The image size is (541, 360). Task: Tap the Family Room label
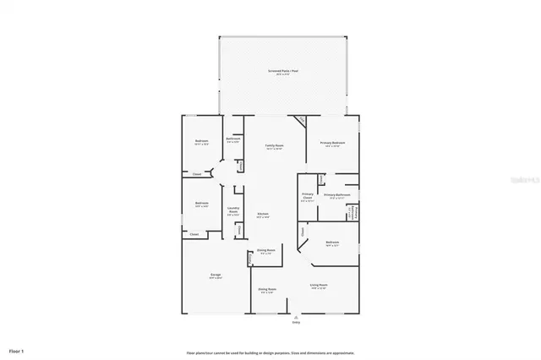[273, 145]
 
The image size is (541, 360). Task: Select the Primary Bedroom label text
[332, 143]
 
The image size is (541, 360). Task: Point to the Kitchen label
[263, 214]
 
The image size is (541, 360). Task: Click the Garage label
[216, 275]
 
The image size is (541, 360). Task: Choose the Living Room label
[319, 286]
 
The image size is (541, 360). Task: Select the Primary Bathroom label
[337, 195]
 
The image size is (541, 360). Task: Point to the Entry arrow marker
[296, 316]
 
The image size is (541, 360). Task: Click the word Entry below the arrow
[296, 322]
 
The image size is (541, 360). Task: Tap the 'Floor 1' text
[17, 350]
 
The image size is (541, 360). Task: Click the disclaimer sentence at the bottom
[270, 352]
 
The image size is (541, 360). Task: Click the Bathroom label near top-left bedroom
[232, 140]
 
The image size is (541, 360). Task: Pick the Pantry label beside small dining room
[239, 229]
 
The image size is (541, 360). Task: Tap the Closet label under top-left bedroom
[196, 174]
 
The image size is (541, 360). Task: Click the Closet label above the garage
[194, 234]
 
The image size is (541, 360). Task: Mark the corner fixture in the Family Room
[299, 120]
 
